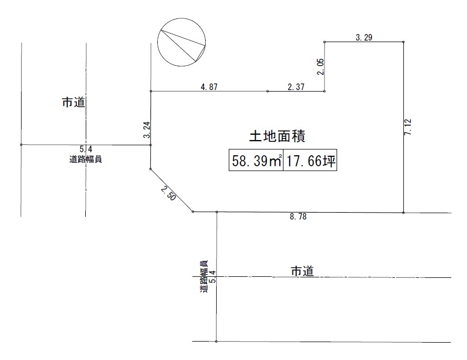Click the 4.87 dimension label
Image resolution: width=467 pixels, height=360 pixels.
209,87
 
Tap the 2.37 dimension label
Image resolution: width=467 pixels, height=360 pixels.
296,87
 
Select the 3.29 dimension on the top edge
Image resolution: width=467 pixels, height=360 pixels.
364,37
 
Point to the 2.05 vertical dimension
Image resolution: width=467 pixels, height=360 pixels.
320,67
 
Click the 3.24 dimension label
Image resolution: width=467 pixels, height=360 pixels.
147,130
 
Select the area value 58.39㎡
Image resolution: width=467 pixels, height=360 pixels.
257,162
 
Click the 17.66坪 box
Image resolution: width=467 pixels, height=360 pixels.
310,162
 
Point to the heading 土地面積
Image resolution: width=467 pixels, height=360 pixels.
277,137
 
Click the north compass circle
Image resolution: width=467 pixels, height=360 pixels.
182,42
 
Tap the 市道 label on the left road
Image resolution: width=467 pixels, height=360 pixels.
74,103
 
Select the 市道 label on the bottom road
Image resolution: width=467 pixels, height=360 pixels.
302,272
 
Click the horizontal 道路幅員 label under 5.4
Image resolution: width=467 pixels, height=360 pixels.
86,159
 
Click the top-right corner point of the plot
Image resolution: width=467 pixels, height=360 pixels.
403,42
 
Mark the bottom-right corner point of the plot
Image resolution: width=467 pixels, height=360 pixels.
403,212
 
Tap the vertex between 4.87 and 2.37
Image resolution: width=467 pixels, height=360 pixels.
268,91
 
